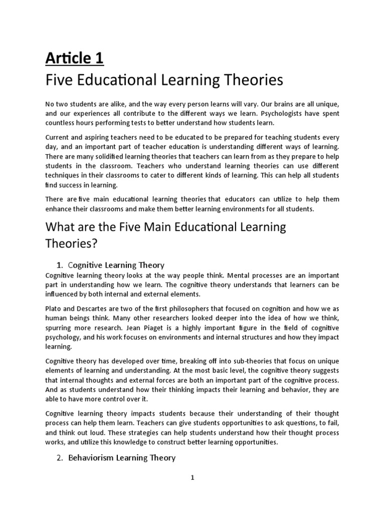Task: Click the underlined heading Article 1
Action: (x=74, y=59)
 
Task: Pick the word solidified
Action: (x=107, y=157)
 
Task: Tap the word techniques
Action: (x=64, y=176)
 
